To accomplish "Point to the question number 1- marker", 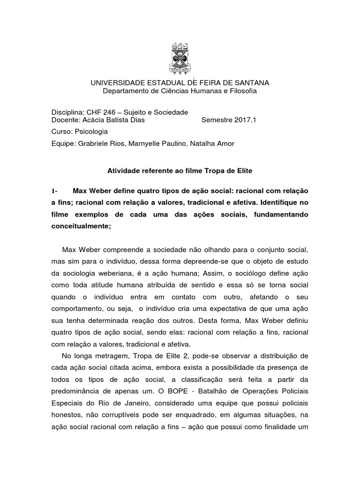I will coord(54,191).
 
